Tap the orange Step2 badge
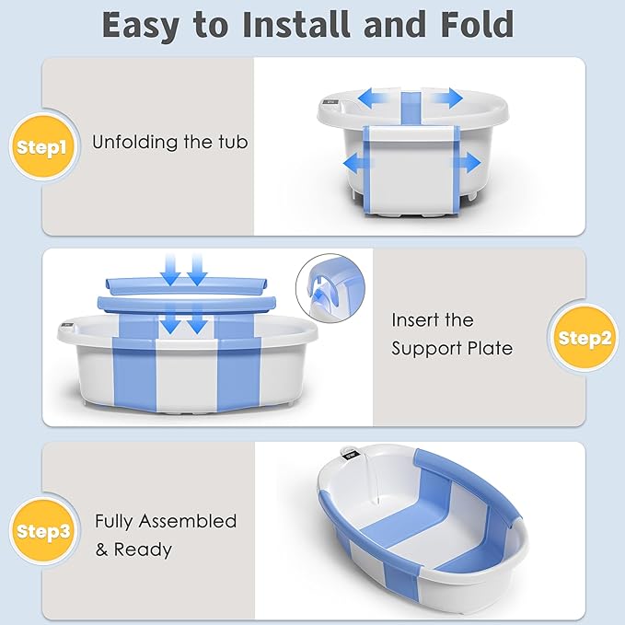584,338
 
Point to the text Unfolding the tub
169,143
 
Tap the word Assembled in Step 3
187,521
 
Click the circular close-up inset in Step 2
330,286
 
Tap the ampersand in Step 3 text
102,550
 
